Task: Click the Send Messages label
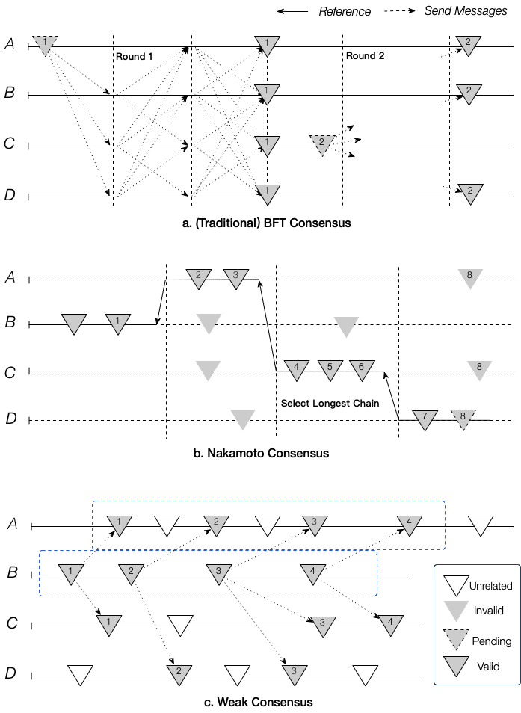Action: [x=466, y=11]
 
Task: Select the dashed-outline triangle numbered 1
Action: [x=46, y=45]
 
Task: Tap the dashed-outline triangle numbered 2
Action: [x=322, y=143]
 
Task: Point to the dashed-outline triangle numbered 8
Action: [x=463, y=419]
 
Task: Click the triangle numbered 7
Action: [x=425, y=419]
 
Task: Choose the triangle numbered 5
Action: [x=330, y=369]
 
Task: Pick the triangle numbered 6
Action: [x=362, y=369]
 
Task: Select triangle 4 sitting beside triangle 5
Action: [x=296, y=369]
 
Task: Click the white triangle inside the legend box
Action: [x=457, y=585]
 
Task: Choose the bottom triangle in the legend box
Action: [x=457, y=666]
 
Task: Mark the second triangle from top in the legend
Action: [x=457, y=611]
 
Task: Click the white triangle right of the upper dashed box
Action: [x=481, y=525]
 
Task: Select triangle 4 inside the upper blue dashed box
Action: [x=409, y=525]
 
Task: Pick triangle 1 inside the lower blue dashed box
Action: [x=71, y=574]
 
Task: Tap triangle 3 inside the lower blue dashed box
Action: [x=219, y=574]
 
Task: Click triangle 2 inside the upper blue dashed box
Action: [x=216, y=525]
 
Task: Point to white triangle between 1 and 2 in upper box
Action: [x=167, y=525]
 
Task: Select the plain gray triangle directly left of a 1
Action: [x=74, y=324]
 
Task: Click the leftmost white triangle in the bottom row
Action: [x=80, y=675]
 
